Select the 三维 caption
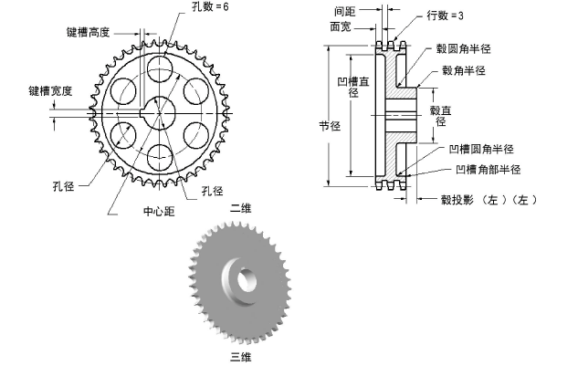240,355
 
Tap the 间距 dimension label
368,9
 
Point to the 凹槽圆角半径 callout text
481,149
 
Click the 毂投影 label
457,198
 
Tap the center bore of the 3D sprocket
242,276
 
